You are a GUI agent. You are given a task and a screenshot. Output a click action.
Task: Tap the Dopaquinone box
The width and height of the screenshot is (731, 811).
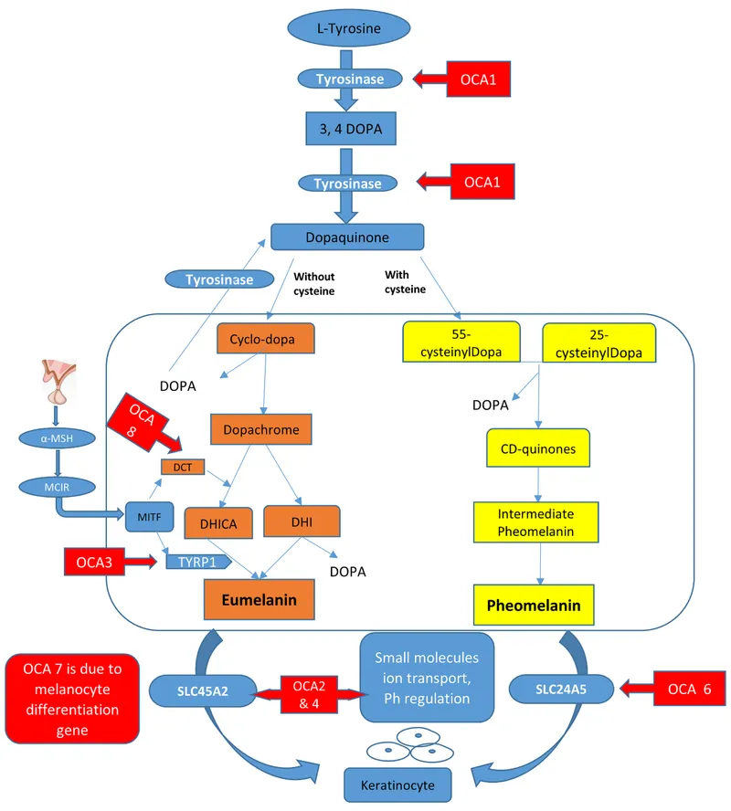pos(347,237)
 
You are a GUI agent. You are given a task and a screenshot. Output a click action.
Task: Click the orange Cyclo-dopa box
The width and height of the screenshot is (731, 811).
pos(265,339)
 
